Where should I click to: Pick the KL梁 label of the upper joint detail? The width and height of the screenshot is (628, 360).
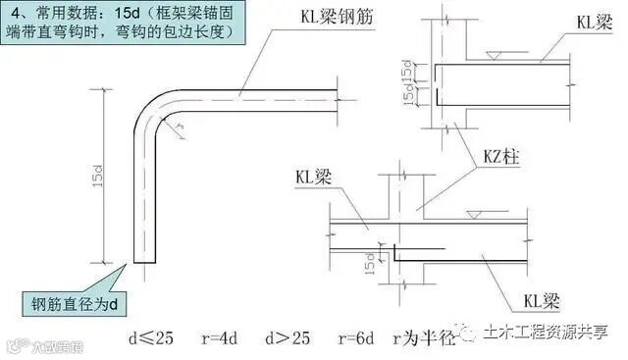tap(592, 22)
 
